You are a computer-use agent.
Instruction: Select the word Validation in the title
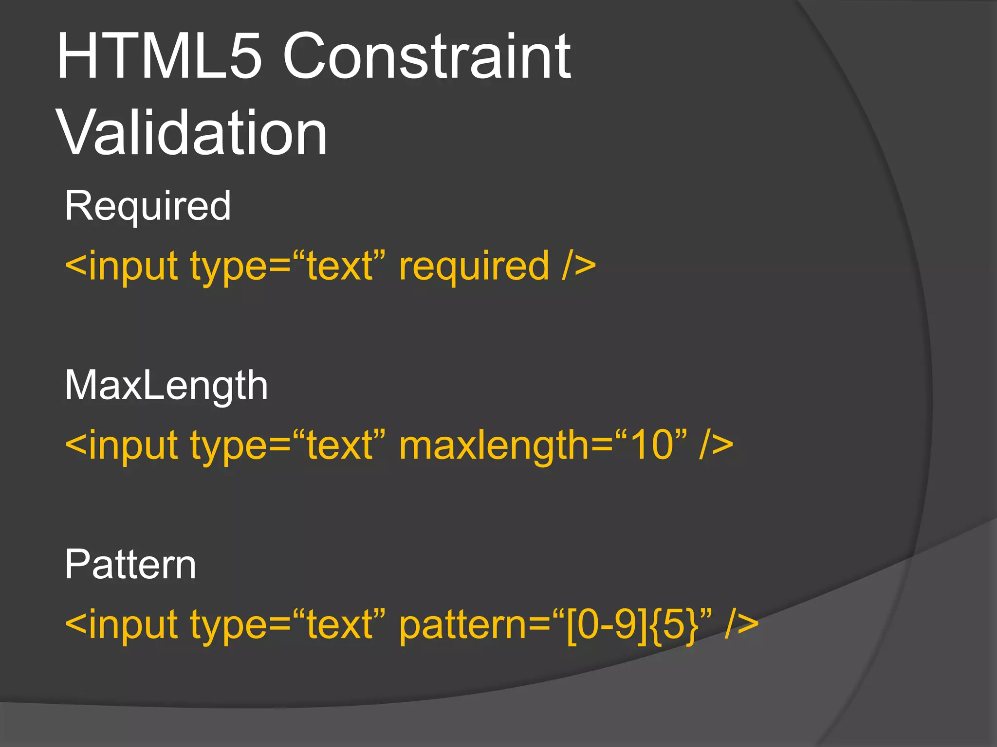pyautogui.click(x=192, y=133)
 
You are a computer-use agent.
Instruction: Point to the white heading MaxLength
pyautogui.click(x=166, y=385)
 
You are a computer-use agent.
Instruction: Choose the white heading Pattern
pyautogui.click(x=130, y=565)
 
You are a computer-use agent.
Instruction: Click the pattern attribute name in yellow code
pyautogui.click(x=463, y=625)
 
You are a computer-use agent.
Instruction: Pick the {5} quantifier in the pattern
pyautogui.click(x=674, y=625)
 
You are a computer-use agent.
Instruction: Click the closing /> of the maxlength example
pyautogui.click(x=716, y=445)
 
